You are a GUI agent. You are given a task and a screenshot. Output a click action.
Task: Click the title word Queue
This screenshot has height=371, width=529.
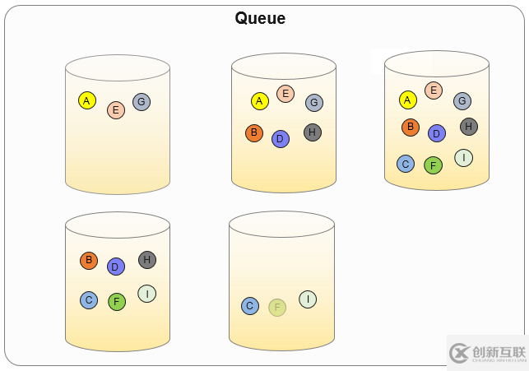coord(260,18)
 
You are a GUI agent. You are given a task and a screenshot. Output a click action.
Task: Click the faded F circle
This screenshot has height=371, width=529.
coord(277,308)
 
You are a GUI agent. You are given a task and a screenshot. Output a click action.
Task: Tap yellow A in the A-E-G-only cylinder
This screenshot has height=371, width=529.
coord(87,100)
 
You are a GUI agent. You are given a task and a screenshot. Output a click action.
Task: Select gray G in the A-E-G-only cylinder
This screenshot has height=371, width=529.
coord(142,102)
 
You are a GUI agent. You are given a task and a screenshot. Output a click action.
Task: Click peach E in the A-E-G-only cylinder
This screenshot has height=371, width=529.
coord(116,110)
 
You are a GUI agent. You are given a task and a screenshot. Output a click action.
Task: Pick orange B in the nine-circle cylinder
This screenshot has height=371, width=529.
coord(411,128)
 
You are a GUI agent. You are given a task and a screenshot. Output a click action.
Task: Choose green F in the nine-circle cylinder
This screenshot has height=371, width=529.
coord(434,165)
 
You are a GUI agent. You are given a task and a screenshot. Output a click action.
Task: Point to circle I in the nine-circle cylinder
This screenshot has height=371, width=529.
coord(464,158)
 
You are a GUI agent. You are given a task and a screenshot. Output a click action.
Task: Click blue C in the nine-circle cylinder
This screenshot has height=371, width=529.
coord(406,164)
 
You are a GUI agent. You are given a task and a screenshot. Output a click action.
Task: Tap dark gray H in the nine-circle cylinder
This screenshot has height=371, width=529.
coord(469,127)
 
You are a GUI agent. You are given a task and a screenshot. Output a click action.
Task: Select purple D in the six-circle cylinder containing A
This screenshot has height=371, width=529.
coord(281,139)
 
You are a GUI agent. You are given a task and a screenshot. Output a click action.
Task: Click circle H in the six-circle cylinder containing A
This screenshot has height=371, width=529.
coord(313,132)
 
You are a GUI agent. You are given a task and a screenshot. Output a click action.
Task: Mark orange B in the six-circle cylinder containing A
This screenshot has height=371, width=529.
coord(254,133)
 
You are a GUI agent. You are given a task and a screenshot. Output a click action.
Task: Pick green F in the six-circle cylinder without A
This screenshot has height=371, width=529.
coord(117,302)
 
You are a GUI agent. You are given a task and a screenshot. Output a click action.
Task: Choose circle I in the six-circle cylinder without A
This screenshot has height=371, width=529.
coord(147,294)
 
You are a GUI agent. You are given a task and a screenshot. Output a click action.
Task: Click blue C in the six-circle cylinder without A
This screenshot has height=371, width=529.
coord(89,300)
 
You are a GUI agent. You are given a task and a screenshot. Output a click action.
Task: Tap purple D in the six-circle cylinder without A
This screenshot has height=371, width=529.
coord(116,267)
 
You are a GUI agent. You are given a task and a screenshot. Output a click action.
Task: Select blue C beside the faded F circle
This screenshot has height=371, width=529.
coord(250,306)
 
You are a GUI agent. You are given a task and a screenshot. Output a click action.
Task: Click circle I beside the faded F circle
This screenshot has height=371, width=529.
coord(308,299)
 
